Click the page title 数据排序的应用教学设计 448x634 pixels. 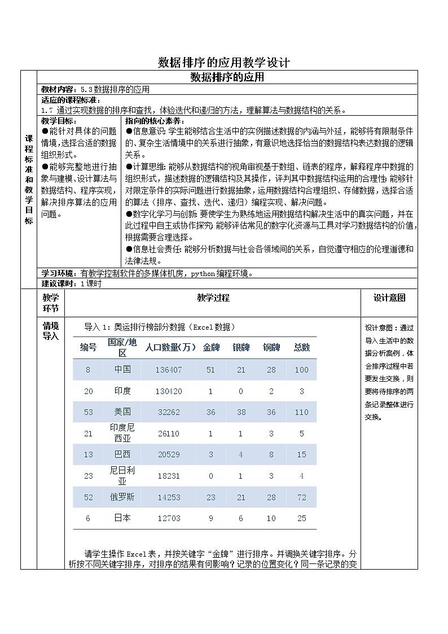pyautogui.click(x=224, y=62)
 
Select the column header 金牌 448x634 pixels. pyautogui.click(x=210, y=347)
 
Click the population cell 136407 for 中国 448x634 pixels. pyautogui.click(x=169, y=370)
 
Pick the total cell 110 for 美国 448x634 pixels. pyautogui.click(x=301, y=412)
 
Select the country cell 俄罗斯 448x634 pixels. pyautogui.click(x=122, y=496)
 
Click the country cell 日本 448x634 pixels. pyautogui.click(x=122, y=518)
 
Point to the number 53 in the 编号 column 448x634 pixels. pyautogui.click(x=89, y=412)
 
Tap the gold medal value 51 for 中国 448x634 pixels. pyautogui.click(x=210, y=370)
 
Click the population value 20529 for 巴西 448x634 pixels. pyautogui.click(x=169, y=454)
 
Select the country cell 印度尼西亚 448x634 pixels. pyautogui.click(x=122, y=433)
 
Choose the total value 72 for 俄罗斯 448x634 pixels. pyautogui.click(x=301, y=497)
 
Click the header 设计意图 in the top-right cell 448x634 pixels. pyautogui.click(x=389, y=298)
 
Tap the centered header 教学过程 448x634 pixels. pyautogui.click(x=213, y=298)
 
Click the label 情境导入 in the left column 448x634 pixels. pyautogui.click(x=51, y=331)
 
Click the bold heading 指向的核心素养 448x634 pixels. pyautogui.click(x=150, y=121)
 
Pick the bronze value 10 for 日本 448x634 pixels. pyautogui.click(x=271, y=518)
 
